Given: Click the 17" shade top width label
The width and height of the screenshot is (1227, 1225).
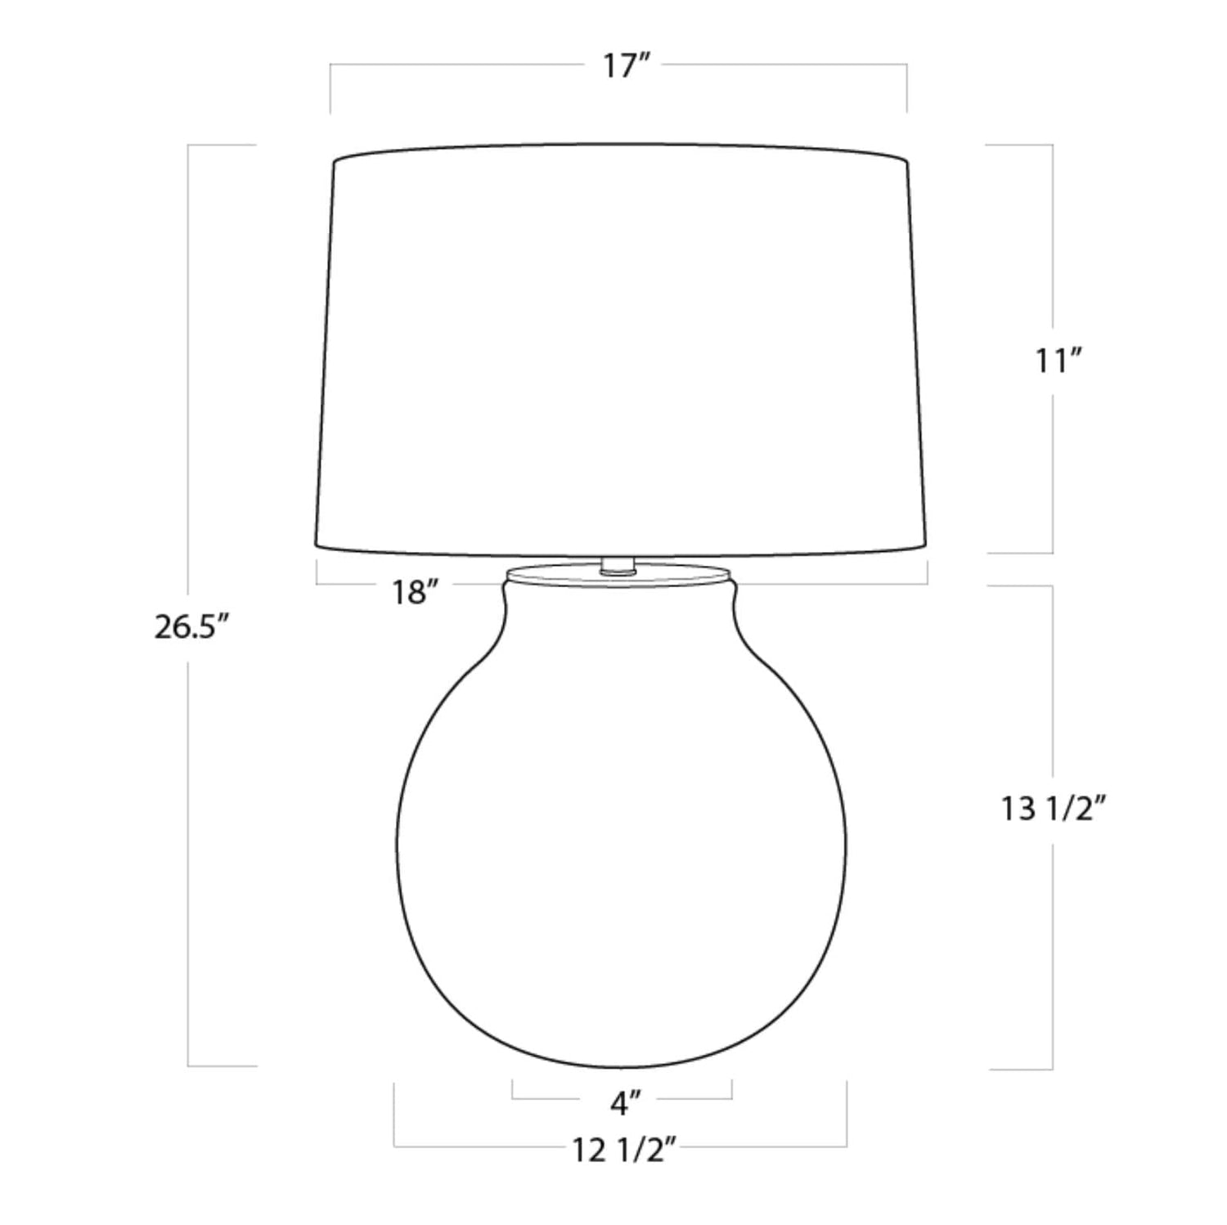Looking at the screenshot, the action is (627, 65).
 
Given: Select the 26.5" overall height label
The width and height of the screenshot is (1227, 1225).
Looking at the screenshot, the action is (190, 627).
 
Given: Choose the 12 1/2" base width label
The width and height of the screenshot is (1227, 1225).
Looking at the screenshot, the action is (623, 1151).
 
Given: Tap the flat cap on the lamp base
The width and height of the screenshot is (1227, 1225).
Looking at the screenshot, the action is (616, 575).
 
